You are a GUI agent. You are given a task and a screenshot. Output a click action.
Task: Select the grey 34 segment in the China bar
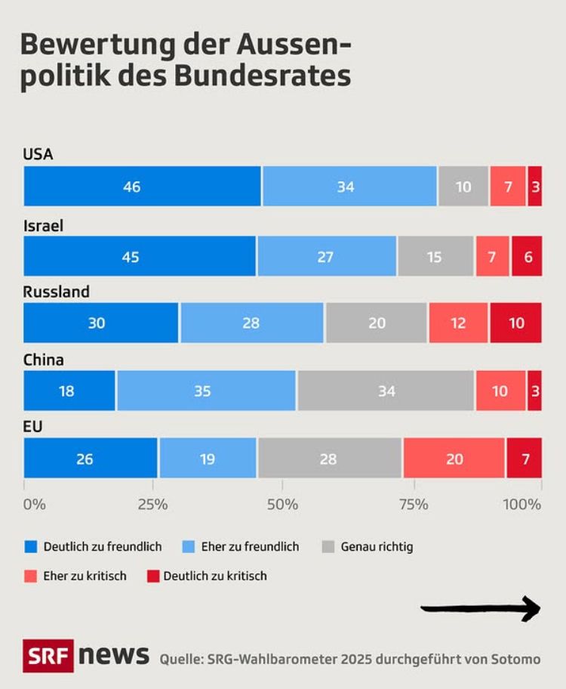point(386,391)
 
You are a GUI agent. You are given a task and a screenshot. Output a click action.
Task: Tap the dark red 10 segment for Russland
point(515,323)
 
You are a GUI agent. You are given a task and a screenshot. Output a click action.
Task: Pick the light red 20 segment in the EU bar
point(454,459)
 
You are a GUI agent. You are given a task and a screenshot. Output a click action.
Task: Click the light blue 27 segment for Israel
point(326,256)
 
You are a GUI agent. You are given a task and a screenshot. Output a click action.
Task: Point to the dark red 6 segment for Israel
point(527,256)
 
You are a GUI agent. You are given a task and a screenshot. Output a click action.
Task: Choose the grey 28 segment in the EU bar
point(330,459)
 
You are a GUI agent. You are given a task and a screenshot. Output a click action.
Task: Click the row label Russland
point(57,292)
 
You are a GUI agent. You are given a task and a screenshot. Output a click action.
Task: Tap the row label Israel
point(43,224)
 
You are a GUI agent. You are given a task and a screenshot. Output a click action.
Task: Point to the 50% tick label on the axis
point(282,504)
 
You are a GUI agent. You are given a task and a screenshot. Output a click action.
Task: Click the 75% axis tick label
point(412,504)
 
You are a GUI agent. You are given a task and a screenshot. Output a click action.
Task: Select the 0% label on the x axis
point(35,504)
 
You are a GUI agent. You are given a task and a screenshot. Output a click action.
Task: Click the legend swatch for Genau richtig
point(328,546)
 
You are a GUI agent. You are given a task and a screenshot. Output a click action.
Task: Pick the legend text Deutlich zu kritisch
point(215,576)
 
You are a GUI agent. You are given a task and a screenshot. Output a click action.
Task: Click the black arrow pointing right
point(480,608)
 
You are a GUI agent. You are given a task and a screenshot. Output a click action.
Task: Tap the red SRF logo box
point(48,656)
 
